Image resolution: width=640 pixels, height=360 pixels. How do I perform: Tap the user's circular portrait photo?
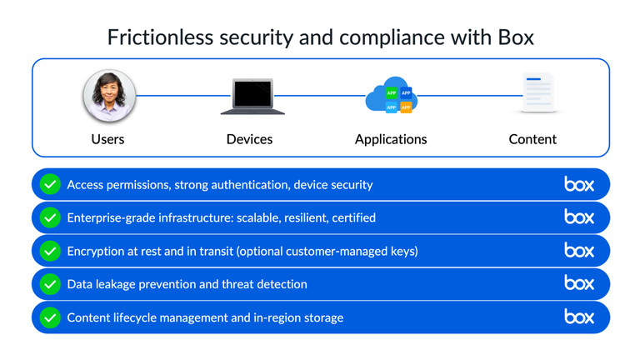click(108, 96)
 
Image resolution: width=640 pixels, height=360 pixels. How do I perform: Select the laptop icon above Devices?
click(252, 97)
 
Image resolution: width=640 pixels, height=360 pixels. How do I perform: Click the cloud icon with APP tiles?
click(391, 97)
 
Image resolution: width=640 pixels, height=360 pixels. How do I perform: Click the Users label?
click(107, 139)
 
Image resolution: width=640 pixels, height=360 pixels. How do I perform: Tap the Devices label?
click(249, 139)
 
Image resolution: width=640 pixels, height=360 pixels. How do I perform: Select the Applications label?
click(391, 139)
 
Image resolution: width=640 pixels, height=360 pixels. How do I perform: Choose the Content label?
click(532, 139)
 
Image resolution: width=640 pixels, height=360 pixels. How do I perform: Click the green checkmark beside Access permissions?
click(50, 184)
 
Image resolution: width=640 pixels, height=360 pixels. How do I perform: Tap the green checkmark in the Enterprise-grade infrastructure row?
click(50, 217)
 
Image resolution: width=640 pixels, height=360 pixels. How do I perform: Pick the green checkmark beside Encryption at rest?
click(50, 251)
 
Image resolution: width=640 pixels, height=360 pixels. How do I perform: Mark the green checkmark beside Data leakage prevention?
click(50, 284)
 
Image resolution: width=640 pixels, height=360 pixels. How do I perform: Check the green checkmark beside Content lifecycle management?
click(50, 317)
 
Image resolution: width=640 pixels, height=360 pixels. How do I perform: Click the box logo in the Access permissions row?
click(579, 184)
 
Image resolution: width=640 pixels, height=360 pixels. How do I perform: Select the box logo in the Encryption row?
click(579, 250)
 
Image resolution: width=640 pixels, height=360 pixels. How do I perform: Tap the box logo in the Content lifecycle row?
click(579, 317)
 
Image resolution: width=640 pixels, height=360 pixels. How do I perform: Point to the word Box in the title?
click(516, 37)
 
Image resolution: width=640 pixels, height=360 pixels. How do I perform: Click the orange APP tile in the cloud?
click(406, 107)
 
